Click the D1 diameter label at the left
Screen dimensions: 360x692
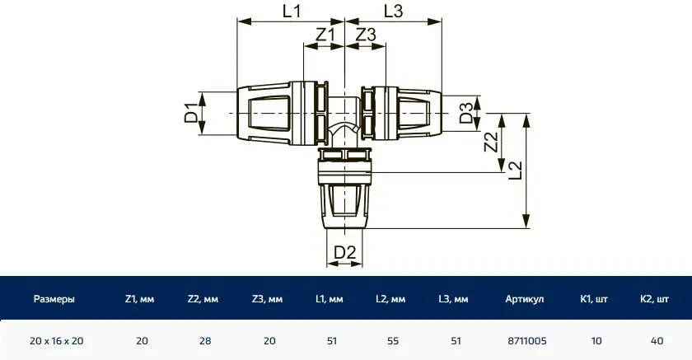[x=191, y=113]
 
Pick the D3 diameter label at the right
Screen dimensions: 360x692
[x=466, y=113]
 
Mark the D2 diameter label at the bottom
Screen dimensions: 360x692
[x=345, y=253]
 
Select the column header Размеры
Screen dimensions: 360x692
[x=54, y=299]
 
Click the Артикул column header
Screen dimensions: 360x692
[x=525, y=299]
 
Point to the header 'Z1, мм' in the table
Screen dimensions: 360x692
[x=142, y=299]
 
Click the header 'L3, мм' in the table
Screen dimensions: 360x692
[x=455, y=299]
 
